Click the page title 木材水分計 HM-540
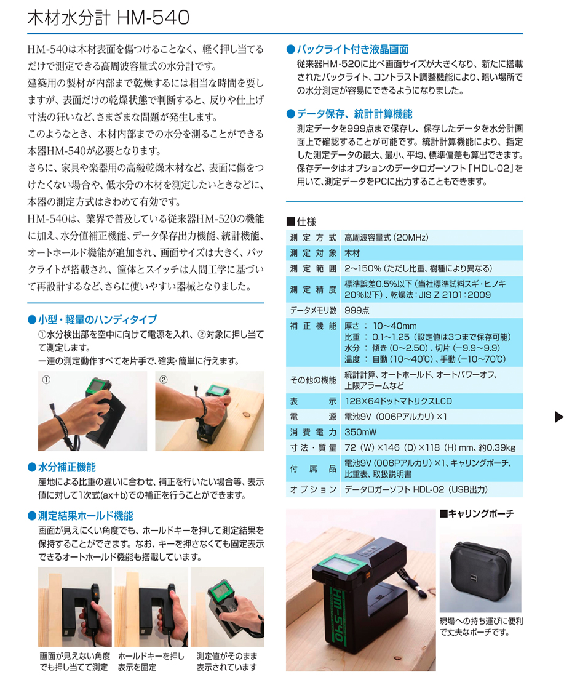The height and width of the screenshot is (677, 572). pos(108,18)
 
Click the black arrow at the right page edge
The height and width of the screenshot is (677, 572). pos(559,417)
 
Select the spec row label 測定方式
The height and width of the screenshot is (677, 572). pos(312,238)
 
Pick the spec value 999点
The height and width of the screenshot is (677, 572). pos(357,310)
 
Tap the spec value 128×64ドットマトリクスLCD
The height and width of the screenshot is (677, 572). pos(398,401)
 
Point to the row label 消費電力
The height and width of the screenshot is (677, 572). pos(312,432)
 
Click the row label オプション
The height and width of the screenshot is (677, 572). pos(312,489)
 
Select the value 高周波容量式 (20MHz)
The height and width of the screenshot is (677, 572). pos(386,238)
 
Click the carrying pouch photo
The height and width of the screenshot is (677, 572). pos(480,567)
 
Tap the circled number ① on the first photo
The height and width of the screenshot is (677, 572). pos(46,380)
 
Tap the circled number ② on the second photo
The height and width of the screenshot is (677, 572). pos(163,380)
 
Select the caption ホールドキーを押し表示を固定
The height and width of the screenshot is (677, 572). pos(151,662)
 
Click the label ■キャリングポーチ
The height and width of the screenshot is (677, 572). pos(477,513)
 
